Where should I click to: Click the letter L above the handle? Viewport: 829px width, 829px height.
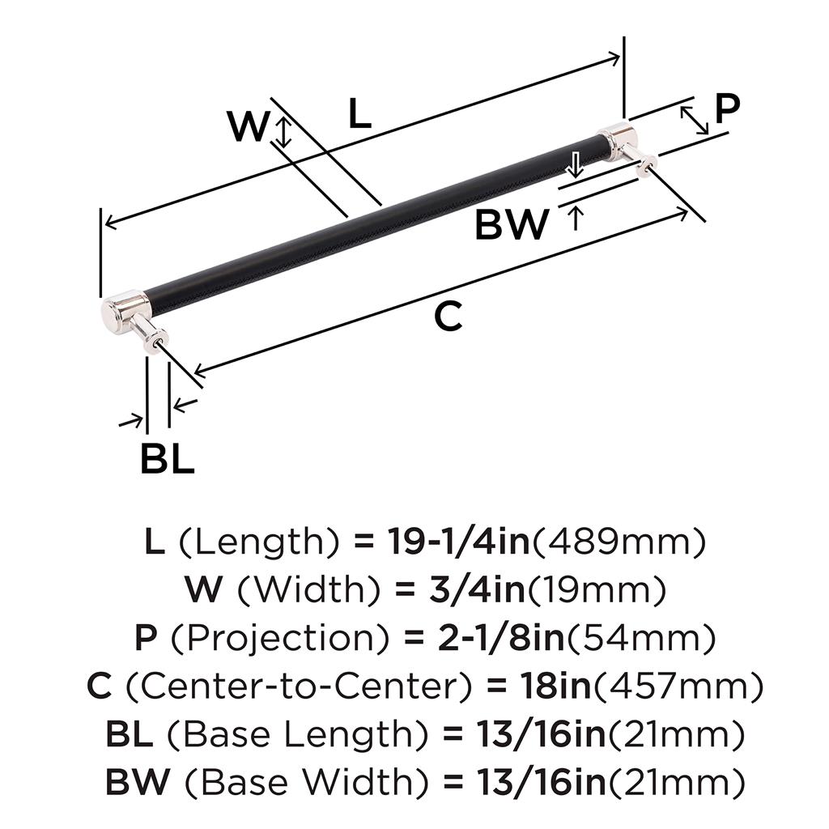[359, 115]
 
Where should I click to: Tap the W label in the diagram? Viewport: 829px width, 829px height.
[246, 127]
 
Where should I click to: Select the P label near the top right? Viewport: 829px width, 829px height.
[728, 108]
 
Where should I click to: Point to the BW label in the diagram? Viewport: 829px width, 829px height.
[512, 224]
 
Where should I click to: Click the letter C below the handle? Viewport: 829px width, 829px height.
[448, 317]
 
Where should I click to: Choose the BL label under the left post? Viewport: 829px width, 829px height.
[167, 460]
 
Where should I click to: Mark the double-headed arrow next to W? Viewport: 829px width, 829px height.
[283, 131]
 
